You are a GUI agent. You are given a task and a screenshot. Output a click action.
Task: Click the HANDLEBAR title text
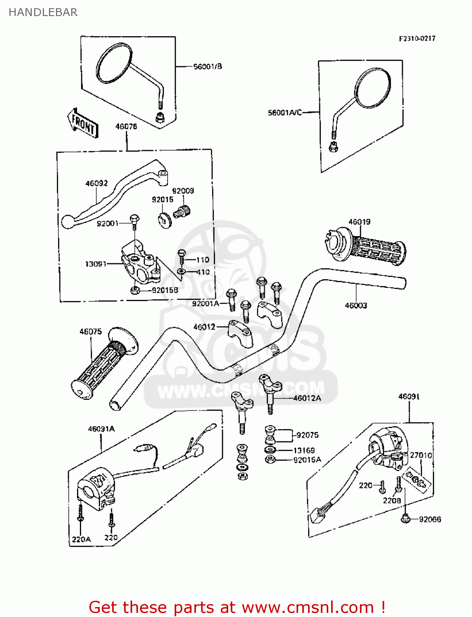(x=43, y=12)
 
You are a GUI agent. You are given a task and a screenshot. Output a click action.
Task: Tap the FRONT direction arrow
(x=83, y=123)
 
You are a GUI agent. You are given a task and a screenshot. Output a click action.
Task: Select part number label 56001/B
(x=208, y=66)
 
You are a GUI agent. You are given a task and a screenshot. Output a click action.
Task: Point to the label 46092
(x=96, y=183)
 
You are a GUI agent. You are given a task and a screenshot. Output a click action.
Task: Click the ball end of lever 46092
(x=66, y=222)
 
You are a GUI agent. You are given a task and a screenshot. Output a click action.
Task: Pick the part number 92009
(x=183, y=191)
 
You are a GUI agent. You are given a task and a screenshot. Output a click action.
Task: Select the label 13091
(x=96, y=264)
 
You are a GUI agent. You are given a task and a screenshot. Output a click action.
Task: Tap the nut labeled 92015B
(x=135, y=290)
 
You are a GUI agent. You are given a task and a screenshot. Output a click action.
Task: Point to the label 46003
(x=356, y=306)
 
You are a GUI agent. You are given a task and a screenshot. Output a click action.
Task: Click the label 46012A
(x=307, y=398)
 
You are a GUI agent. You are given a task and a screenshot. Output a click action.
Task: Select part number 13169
(x=304, y=450)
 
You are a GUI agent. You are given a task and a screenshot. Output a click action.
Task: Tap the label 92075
(x=307, y=435)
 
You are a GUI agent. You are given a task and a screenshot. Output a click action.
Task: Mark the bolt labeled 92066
(x=405, y=519)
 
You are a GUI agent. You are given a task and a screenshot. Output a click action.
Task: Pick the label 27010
(x=421, y=455)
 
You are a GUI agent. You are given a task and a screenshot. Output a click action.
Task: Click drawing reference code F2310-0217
(x=417, y=38)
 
